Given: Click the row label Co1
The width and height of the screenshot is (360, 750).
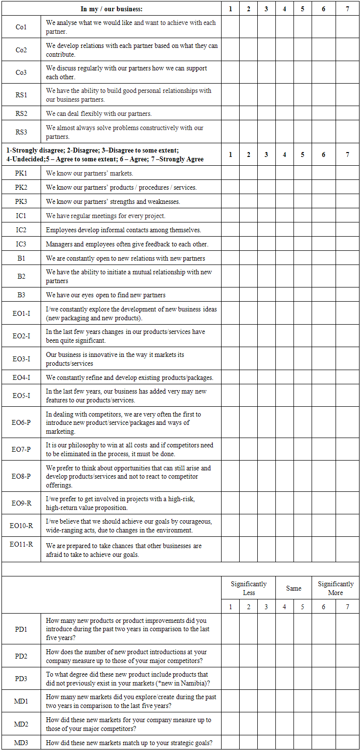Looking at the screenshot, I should point(21,27).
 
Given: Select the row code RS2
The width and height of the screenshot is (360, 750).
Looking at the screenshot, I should point(21,113).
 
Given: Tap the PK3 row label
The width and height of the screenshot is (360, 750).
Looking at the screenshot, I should point(21,201).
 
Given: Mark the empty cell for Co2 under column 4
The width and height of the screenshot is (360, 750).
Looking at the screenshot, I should point(284,50).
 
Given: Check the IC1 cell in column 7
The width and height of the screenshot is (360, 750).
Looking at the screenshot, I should point(347,216).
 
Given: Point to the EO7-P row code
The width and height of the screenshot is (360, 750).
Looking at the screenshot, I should point(21,449).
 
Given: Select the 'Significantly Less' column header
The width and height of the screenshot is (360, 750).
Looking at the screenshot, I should point(248,588).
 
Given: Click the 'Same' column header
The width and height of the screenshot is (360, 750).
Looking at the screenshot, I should point(293,588).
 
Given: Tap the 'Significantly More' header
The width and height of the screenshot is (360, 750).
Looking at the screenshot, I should point(336,588).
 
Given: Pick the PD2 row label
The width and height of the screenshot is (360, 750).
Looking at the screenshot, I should point(21,656).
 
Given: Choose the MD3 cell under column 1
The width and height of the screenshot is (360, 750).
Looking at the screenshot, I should point(230,743).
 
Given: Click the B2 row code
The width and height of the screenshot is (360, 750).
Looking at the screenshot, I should point(21,276).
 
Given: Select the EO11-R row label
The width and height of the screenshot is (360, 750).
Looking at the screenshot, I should point(21,544).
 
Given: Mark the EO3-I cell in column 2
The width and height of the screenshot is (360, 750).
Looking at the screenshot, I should point(248,359).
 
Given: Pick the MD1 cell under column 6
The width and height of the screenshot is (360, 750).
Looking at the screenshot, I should point(323,701).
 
